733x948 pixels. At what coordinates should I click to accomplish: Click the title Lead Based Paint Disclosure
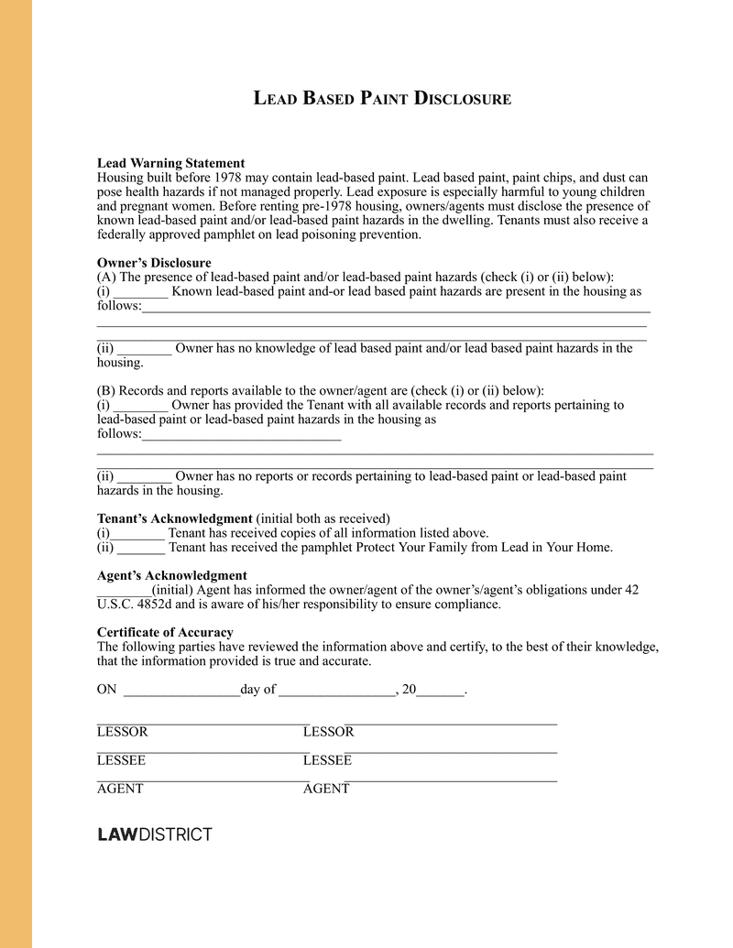pyautogui.click(x=382, y=98)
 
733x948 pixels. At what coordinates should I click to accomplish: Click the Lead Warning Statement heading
pyautogui.click(x=170, y=163)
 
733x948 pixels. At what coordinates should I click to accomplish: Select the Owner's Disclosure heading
pyautogui.click(x=154, y=263)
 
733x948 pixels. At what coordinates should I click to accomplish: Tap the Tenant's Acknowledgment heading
pyautogui.click(x=174, y=518)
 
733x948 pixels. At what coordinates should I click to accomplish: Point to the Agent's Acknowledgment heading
pyautogui.click(x=171, y=575)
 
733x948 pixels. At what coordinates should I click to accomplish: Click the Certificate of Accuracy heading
pyautogui.click(x=165, y=632)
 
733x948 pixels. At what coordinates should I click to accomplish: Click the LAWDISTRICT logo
pyautogui.click(x=154, y=834)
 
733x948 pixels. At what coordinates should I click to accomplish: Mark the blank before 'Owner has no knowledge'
pyautogui.click(x=145, y=349)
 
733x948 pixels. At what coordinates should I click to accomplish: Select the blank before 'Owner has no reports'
pyautogui.click(x=145, y=477)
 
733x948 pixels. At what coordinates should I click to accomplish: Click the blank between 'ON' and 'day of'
pyautogui.click(x=181, y=692)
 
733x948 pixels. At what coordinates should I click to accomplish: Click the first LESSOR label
pyautogui.click(x=122, y=732)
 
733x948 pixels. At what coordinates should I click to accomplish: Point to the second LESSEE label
pyautogui.click(x=327, y=760)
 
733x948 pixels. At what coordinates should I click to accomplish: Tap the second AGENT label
pyautogui.click(x=326, y=789)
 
